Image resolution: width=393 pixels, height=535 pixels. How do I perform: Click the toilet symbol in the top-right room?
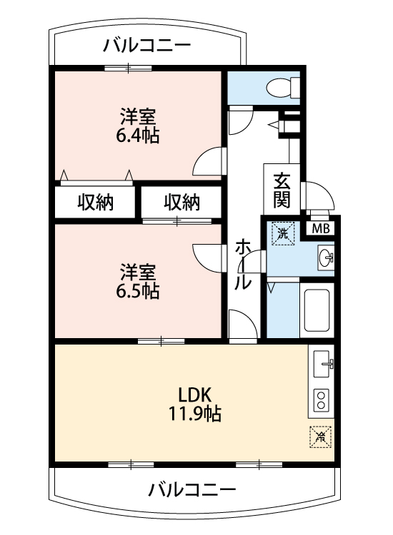(283, 88)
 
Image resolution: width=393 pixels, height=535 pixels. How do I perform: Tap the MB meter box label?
(321, 228)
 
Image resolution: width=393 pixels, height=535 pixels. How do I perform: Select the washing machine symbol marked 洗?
(283, 233)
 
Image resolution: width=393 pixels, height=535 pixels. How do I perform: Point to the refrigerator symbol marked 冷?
(321, 437)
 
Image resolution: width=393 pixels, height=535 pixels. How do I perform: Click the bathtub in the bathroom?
(317, 310)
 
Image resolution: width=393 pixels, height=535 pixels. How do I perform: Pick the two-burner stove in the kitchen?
(321, 400)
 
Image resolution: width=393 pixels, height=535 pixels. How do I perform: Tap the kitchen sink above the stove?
(322, 364)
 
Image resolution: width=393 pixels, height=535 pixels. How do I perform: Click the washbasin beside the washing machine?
(326, 258)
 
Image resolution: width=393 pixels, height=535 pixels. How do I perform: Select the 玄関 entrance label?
(282, 190)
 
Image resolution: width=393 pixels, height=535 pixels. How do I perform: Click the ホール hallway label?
(243, 265)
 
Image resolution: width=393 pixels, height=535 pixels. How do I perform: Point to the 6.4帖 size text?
(138, 136)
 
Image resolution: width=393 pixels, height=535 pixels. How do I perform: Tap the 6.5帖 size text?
(138, 291)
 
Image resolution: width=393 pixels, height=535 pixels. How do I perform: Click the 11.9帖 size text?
(195, 414)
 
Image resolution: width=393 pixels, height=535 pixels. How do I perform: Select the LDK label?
(195, 394)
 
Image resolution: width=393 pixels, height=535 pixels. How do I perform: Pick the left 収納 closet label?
(96, 202)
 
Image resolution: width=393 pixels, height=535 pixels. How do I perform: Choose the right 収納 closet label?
(182, 202)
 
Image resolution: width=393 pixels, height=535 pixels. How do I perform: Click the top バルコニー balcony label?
(147, 46)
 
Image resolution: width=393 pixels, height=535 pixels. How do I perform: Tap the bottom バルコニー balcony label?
(192, 490)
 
